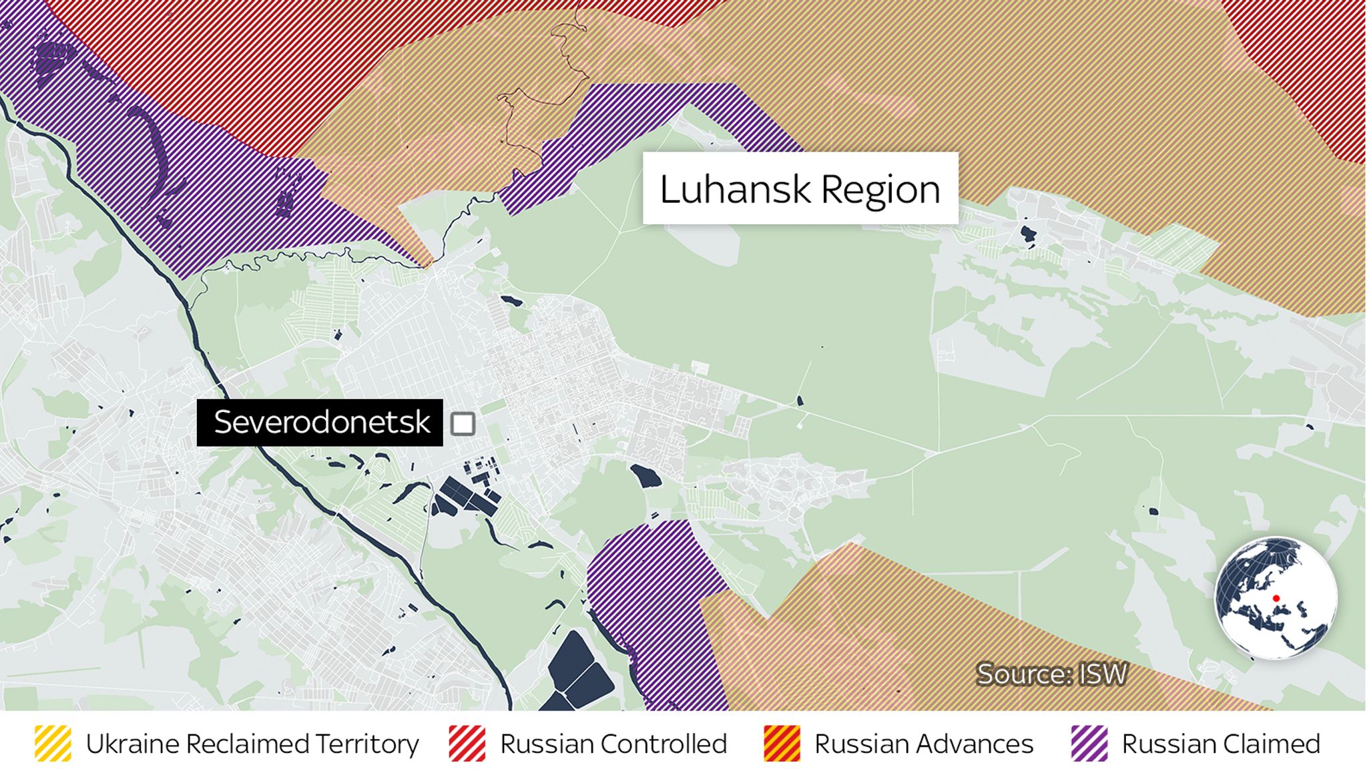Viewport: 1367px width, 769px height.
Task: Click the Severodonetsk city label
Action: tap(320, 423)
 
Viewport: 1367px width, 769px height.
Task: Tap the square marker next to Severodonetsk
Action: tap(463, 423)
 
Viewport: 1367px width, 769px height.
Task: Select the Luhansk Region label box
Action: tap(800, 188)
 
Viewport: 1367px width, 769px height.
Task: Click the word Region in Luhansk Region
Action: tap(880, 190)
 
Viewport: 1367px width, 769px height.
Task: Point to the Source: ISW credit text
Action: tap(1051, 674)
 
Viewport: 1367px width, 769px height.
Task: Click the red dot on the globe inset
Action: tap(1276, 598)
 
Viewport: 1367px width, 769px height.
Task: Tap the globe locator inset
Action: tap(1276, 598)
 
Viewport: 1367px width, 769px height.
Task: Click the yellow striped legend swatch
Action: tap(53, 744)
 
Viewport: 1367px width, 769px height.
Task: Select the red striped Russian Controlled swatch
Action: tap(467, 744)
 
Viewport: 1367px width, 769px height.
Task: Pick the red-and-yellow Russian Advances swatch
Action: tap(782, 744)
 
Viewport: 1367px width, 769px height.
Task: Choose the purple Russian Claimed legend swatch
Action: tap(1089, 744)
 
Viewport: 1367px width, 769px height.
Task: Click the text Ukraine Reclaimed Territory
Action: tap(252, 744)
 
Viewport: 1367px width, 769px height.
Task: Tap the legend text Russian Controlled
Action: tap(613, 744)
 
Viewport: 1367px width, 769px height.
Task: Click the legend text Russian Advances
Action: tap(924, 744)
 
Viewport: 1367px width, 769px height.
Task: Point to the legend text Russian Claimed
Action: tap(1221, 744)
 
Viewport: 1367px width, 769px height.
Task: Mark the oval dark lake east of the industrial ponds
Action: tap(645, 477)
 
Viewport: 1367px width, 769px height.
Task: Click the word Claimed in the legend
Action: tap(1273, 744)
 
